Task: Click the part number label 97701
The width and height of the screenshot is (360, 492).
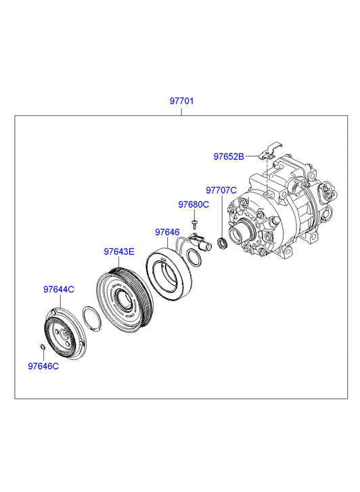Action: [182, 101]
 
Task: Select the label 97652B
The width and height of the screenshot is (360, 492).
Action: [229, 156]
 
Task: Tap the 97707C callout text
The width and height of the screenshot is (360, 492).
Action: [221, 190]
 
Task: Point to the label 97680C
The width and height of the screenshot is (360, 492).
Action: [194, 204]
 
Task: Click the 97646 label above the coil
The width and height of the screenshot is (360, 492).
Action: [167, 232]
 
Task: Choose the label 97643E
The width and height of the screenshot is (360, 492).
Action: [119, 252]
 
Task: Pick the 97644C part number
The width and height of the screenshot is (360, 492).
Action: [59, 289]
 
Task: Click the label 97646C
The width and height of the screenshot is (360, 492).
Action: [43, 366]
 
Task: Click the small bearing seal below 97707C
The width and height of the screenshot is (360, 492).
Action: [223, 244]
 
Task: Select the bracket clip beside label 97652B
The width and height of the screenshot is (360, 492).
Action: [269, 151]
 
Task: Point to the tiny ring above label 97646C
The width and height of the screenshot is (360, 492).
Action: [41, 346]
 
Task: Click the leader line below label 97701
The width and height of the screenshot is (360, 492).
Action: [181, 111]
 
